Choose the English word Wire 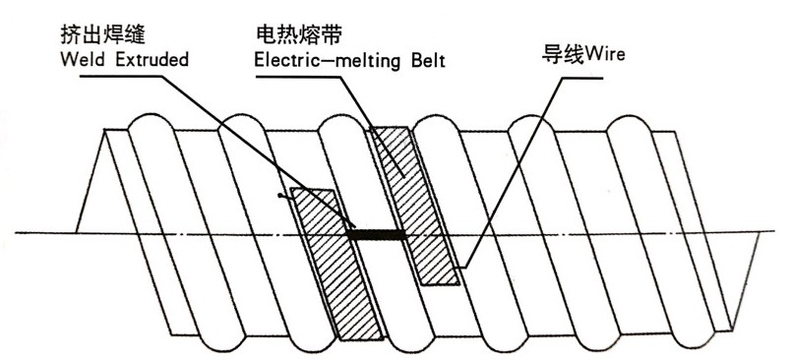[603, 49]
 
